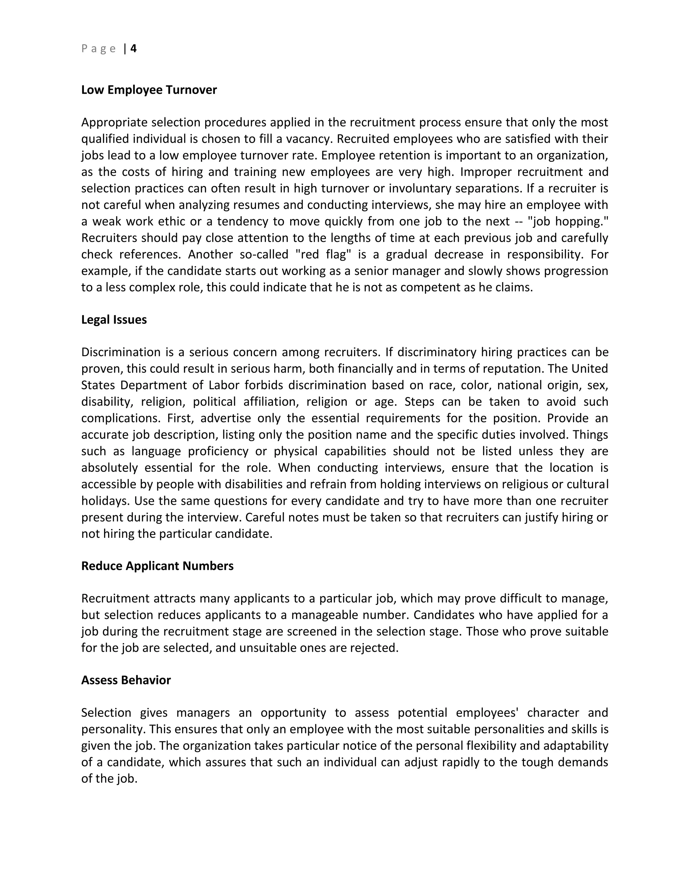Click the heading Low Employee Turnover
(x=149, y=90)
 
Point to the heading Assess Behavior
(x=126, y=680)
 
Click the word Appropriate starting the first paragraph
(x=114, y=122)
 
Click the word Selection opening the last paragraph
(x=106, y=713)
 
